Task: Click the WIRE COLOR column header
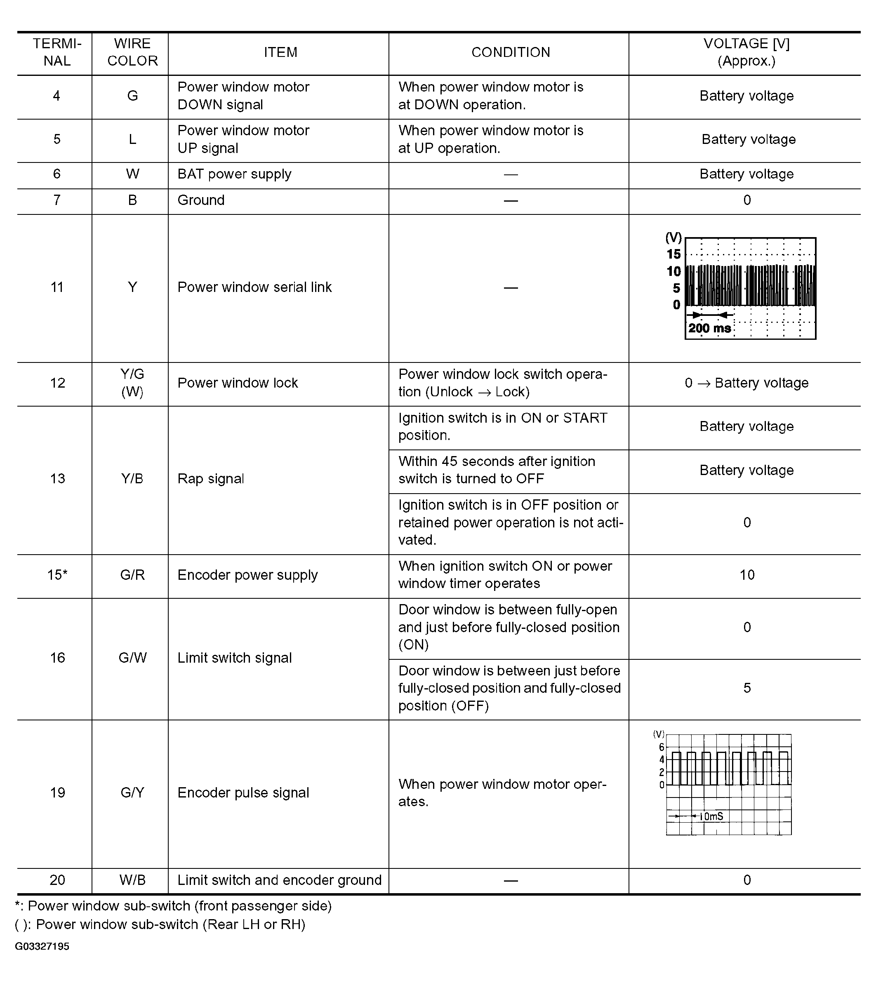pyautogui.click(x=132, y=52)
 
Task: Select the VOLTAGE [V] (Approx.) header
pyautogui.click(x=746, y=52)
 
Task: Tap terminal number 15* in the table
pyautogui.click(x=57, y=575)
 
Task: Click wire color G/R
pyautogui.click(x=132, y=575)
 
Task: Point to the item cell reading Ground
pyautogui.click(x=201, y=200)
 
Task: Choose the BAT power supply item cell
pyautogui.click(x=234, y=174)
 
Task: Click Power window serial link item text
pyautogui.click(x=254, y=287)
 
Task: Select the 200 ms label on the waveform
pyautogui.click(x=709, y=329)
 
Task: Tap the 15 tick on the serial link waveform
pyautogui.click(x=674, y=254)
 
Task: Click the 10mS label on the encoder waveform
pyautogui.click(x=711, y=816)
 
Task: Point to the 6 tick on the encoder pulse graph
pyautogui.click(x=662, y=747)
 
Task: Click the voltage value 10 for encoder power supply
pyautogui.click(x=747, y=575)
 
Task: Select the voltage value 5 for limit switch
pyautogui.click(x=747, y=688)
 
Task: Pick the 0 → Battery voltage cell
pyautogui.click(x=746, y=383)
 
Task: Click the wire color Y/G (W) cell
pyautogui.click(x=132, y=383)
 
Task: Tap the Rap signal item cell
pyautogui.click(x=211, y=479)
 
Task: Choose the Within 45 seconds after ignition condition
pyautogui.click(x=496, y=470)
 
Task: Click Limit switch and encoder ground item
pyautogui.click(x=279, y=880)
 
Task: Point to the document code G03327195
pyautogui.click(x=42, y=947)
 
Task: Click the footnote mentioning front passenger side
pyautogui.click(x=173, y=906)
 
